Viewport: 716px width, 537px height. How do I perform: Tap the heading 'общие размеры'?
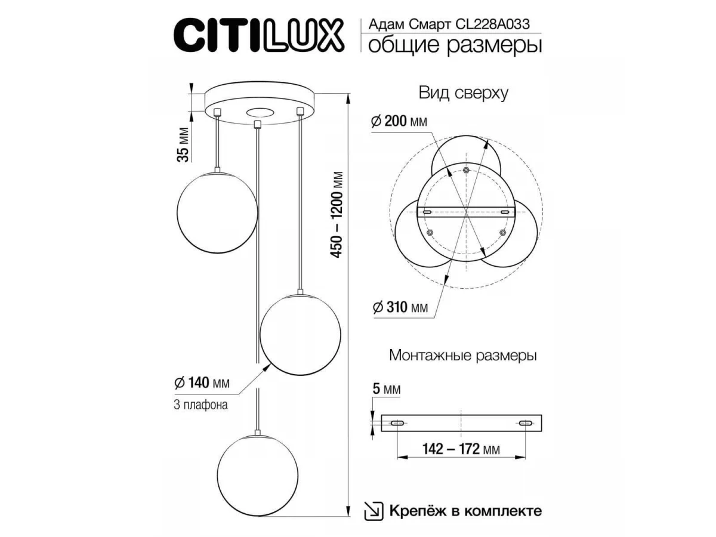pos(455,45)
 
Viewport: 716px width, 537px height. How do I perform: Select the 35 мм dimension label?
pos(183,144)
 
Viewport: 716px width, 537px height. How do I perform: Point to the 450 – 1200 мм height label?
pos(337,215)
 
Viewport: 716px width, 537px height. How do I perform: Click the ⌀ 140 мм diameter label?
pos(202,382)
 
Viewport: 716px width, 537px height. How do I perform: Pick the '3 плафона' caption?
pos(200,405)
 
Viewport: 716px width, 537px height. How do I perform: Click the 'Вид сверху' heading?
pos(463,93)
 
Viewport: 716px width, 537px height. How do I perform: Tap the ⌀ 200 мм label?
pos(399,121)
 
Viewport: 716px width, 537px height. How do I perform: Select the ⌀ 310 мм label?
pos(400,307)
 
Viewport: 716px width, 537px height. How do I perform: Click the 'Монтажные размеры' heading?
pos(463,355)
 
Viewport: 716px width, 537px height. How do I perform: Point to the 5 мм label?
pos(387,389)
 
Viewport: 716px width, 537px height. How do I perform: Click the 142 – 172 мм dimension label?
pos(461,449)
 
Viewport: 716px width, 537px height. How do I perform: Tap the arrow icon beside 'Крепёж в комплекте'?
pos(374,511)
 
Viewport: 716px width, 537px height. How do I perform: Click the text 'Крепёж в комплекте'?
pos(465,511)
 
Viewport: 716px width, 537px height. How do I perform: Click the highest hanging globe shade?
pos(217,212)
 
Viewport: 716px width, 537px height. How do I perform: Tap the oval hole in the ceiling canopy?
pos(260,113)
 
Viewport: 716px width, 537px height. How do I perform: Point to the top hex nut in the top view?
pos(466,169)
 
